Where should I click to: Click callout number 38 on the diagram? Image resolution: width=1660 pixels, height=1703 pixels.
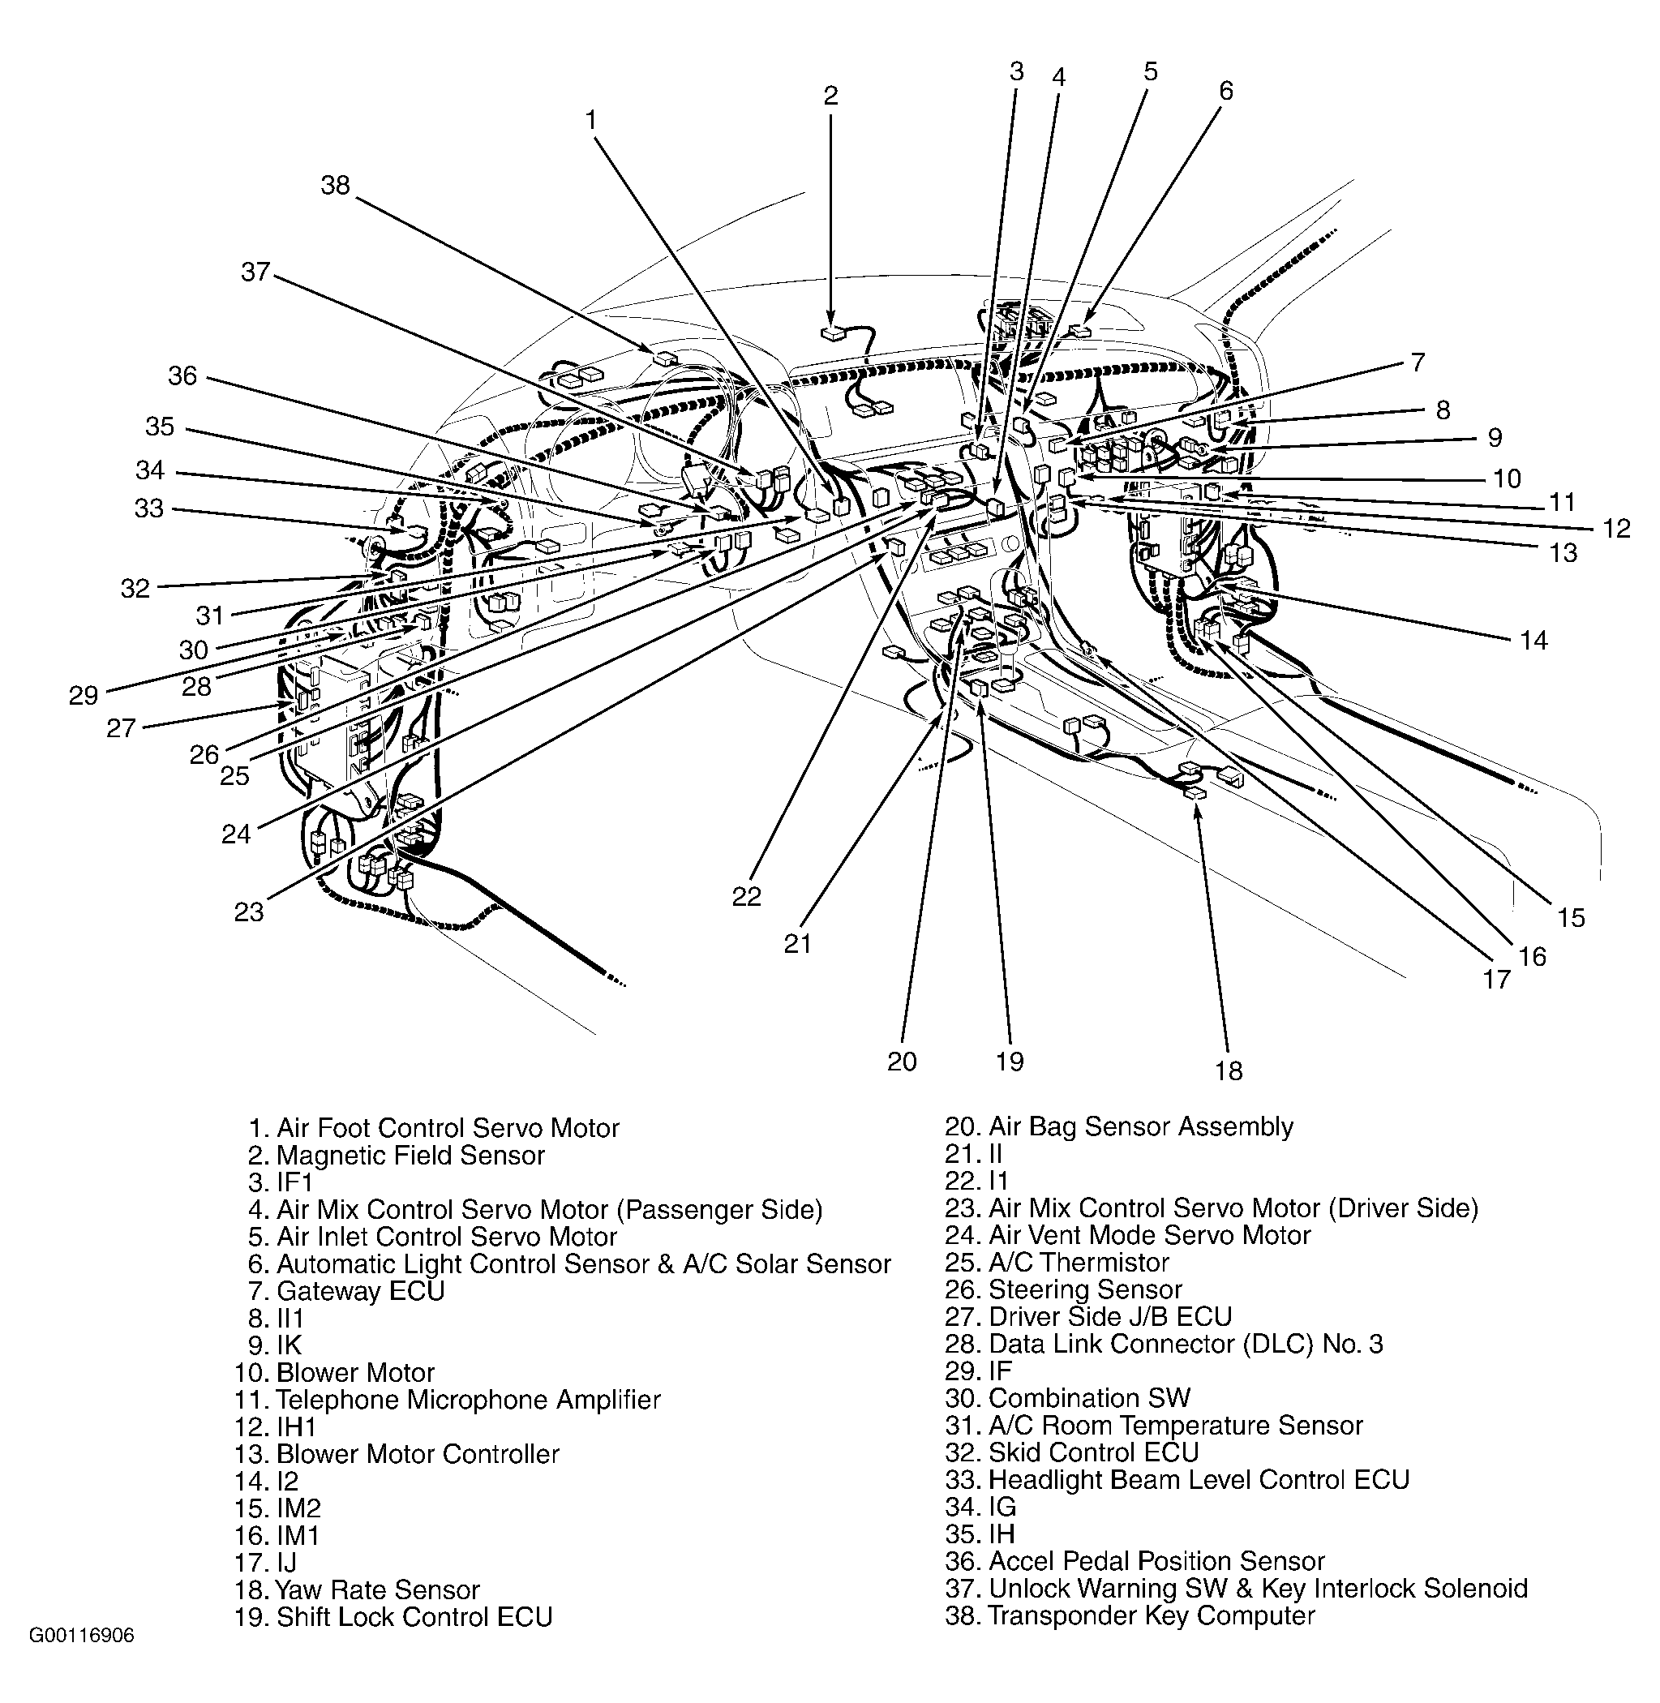(335, 185)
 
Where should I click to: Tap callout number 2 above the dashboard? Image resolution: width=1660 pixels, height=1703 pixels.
(830, 96)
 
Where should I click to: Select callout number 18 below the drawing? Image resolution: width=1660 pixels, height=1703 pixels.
(1229, 1070)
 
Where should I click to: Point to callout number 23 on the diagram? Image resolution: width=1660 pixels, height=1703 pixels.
(248, 912)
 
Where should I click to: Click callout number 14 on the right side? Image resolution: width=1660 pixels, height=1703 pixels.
(1533, 641)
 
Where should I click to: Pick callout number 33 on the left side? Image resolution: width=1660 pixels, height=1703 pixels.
(148, 508)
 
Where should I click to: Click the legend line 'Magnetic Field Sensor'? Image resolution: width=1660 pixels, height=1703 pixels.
(397, 1156)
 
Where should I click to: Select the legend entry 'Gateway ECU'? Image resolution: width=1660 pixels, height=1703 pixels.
(346, 1290)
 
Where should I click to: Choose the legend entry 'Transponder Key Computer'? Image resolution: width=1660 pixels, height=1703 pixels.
(1130, 1615)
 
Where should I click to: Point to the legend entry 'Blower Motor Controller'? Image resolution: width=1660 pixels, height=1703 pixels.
(397, 1453)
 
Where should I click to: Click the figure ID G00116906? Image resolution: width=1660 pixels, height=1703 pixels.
(82, 1636)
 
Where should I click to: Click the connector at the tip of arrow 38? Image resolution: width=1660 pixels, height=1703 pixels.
(665, 358)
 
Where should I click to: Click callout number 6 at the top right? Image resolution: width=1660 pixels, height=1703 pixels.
(1226, 91)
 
